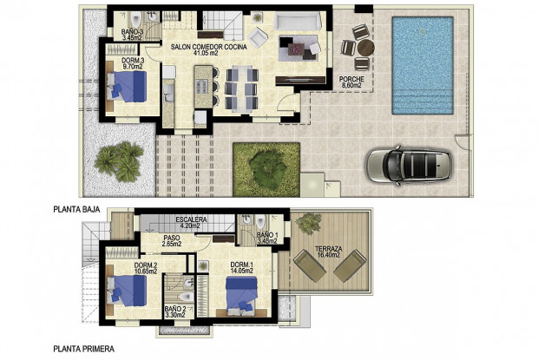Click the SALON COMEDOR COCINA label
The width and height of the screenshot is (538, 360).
coord(207,50)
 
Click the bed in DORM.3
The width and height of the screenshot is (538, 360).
coord(128,88)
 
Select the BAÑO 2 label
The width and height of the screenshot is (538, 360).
coord(175,312)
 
